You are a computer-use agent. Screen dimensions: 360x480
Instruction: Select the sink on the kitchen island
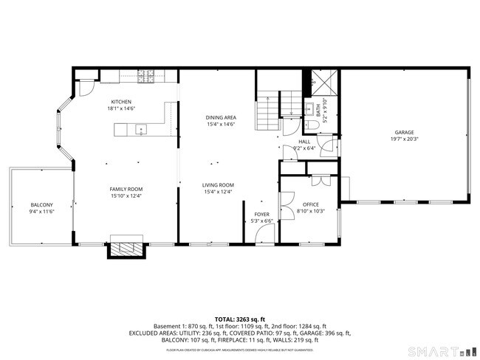142,130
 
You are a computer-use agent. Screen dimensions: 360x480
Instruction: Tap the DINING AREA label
220,117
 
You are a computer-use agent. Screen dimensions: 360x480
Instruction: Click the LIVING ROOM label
219,185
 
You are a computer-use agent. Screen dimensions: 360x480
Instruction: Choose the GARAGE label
404,133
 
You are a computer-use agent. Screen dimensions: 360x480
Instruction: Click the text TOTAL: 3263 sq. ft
239,319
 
